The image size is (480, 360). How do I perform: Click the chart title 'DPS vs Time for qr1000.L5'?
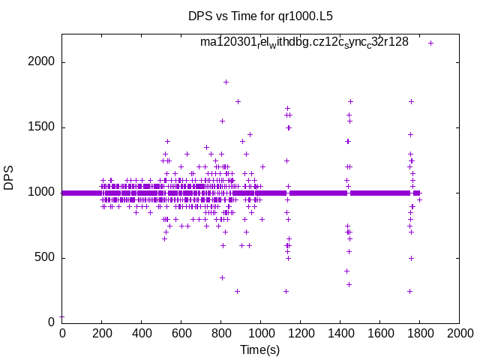coord(259,16)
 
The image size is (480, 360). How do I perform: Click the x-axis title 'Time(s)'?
coord(259,349)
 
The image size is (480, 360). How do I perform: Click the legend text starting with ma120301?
coord(304,43)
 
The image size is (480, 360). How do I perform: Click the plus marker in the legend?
coord(430,43)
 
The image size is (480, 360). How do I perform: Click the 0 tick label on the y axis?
coord(51,322)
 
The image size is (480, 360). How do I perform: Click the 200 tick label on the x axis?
coord(102,333)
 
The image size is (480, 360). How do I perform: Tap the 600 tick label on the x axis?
coord(181,333)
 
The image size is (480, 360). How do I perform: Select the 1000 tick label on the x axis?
coord(261,333)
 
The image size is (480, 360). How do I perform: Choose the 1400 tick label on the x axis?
coord(340,333)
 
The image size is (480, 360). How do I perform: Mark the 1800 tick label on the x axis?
coord(420,333)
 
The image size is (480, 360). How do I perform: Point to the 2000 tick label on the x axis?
coord(459,333)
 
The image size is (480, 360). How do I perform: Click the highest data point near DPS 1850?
coord(226,82)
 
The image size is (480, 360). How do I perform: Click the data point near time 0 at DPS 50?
coord(62,316)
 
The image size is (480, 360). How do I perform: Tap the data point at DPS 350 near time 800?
coord(222,277)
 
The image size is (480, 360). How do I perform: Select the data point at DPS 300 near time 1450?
coord(349,284)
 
